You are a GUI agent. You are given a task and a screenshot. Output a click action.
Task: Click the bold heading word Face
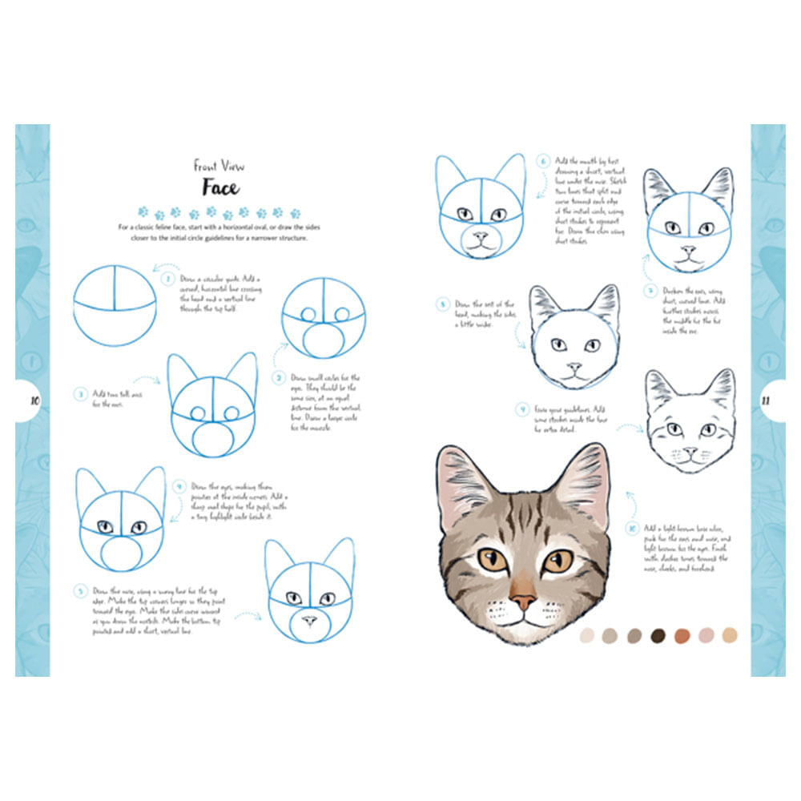point(219,188)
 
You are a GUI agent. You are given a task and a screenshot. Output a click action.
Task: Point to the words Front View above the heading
point(219,166)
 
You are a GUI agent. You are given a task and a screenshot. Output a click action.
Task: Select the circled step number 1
point(168,280)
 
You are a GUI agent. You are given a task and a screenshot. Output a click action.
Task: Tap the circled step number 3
point(80,394)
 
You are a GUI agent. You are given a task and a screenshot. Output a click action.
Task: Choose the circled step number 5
point(80,592)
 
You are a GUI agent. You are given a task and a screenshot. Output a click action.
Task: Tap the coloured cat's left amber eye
point(493,559)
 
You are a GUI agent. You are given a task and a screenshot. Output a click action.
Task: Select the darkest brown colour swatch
point(658,635)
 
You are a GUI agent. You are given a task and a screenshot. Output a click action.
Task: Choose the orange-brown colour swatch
point(682,635)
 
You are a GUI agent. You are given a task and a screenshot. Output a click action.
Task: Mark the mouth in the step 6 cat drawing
point(481,244)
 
